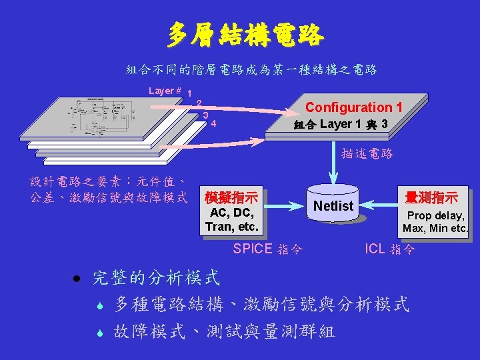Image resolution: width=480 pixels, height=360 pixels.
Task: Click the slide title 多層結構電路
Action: click(x=245, y=35)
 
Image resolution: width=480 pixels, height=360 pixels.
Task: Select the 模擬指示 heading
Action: click(x=231, y=199)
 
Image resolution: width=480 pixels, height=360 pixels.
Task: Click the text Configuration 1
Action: click(x=353, y=107)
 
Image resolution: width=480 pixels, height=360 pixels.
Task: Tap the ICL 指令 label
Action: click(x=390, y=249)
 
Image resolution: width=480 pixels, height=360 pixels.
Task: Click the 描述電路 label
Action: click(x=367, y=153)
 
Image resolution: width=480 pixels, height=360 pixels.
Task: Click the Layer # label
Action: click(x=165, y=91)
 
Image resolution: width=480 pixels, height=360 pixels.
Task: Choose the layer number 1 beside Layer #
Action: click(x=191, y=94)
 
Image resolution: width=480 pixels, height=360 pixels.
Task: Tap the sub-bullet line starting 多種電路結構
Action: click(x=261, y=305)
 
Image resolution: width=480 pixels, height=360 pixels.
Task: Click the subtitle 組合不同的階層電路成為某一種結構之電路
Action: click(x=252, y=69)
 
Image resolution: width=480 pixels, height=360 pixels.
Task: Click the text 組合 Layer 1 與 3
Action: click(x=341, y=125)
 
